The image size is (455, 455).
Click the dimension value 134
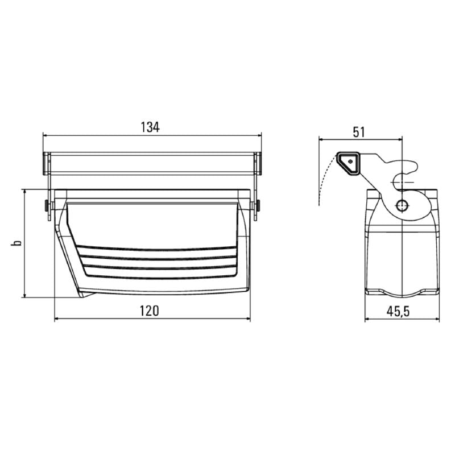(150, 127)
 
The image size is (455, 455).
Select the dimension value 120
(150, 311)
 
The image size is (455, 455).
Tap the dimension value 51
(359, 132)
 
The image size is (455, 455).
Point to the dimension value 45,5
(398, 311)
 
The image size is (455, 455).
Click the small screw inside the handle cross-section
(350, 162)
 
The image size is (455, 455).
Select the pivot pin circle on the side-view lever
(402, 205)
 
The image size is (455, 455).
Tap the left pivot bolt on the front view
(47, 206)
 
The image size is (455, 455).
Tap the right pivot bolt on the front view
(258, 206)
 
